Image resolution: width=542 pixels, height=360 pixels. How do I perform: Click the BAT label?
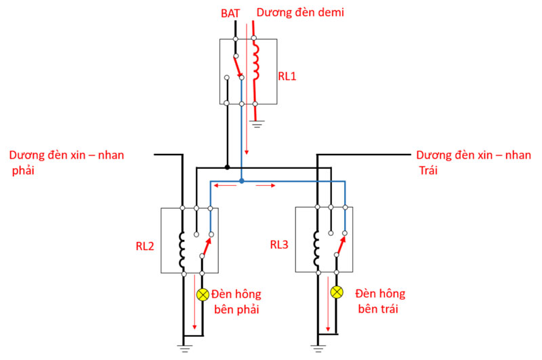[229, 13]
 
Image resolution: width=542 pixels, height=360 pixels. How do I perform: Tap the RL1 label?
[287, 76]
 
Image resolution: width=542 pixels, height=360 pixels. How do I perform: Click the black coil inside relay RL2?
[182, 249]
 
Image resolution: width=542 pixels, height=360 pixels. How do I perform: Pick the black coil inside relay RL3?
[316, 249]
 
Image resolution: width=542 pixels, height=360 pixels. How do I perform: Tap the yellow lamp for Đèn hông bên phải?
[203, 294]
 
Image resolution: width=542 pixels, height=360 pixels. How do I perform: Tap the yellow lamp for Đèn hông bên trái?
[337, 293]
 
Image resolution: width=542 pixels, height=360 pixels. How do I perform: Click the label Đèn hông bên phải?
[236, 302]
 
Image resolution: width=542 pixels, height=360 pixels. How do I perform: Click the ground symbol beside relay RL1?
[255, 123]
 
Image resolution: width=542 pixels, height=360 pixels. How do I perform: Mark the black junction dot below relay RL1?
[228, 167]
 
